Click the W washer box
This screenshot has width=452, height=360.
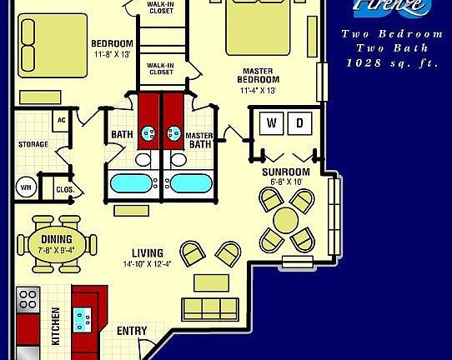(x=271, y=123)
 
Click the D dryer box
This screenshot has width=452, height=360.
(x=300, y=123)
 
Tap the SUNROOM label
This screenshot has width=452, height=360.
(x=286, y=172)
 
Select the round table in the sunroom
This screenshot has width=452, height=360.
(x=286, y=220)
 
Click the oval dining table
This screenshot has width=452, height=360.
(x=55, y=243)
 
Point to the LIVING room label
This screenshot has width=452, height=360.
(x=147, y=253)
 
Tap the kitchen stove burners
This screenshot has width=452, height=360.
(x=28, y=299)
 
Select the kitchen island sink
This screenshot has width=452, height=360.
(x=84, y=314)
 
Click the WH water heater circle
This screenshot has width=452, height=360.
(x=26, y=187)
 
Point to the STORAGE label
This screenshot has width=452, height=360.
(x=33, y=144)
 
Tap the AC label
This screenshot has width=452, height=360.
(x=61, y=120)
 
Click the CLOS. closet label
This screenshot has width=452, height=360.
(x=64, y=190)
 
